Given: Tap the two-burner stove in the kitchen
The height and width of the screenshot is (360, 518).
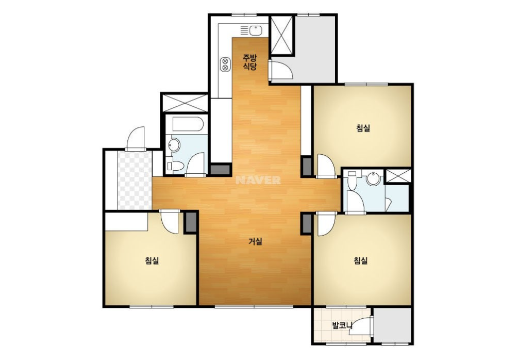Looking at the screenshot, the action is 225,64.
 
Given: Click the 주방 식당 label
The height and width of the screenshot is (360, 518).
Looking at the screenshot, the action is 250,62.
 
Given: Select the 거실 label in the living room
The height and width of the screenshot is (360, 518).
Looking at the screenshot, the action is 255,242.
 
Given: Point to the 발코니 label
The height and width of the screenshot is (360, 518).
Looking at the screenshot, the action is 342,325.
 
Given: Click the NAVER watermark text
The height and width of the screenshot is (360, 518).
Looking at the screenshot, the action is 258,180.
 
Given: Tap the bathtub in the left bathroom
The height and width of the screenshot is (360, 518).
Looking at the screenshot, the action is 187,124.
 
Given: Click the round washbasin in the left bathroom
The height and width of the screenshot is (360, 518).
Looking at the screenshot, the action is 174,145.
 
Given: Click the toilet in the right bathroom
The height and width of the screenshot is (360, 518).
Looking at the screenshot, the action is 352,181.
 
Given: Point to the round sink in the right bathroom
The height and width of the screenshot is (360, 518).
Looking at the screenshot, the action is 374,178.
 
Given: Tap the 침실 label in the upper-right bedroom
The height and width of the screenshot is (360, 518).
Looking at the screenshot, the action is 363,128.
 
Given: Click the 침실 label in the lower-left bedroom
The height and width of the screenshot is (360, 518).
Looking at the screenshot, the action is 152,260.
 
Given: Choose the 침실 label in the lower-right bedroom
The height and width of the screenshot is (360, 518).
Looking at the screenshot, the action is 361,260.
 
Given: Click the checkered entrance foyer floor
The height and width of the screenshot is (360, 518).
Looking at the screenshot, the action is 135,180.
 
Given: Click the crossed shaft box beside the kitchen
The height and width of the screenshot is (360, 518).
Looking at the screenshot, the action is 282,35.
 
